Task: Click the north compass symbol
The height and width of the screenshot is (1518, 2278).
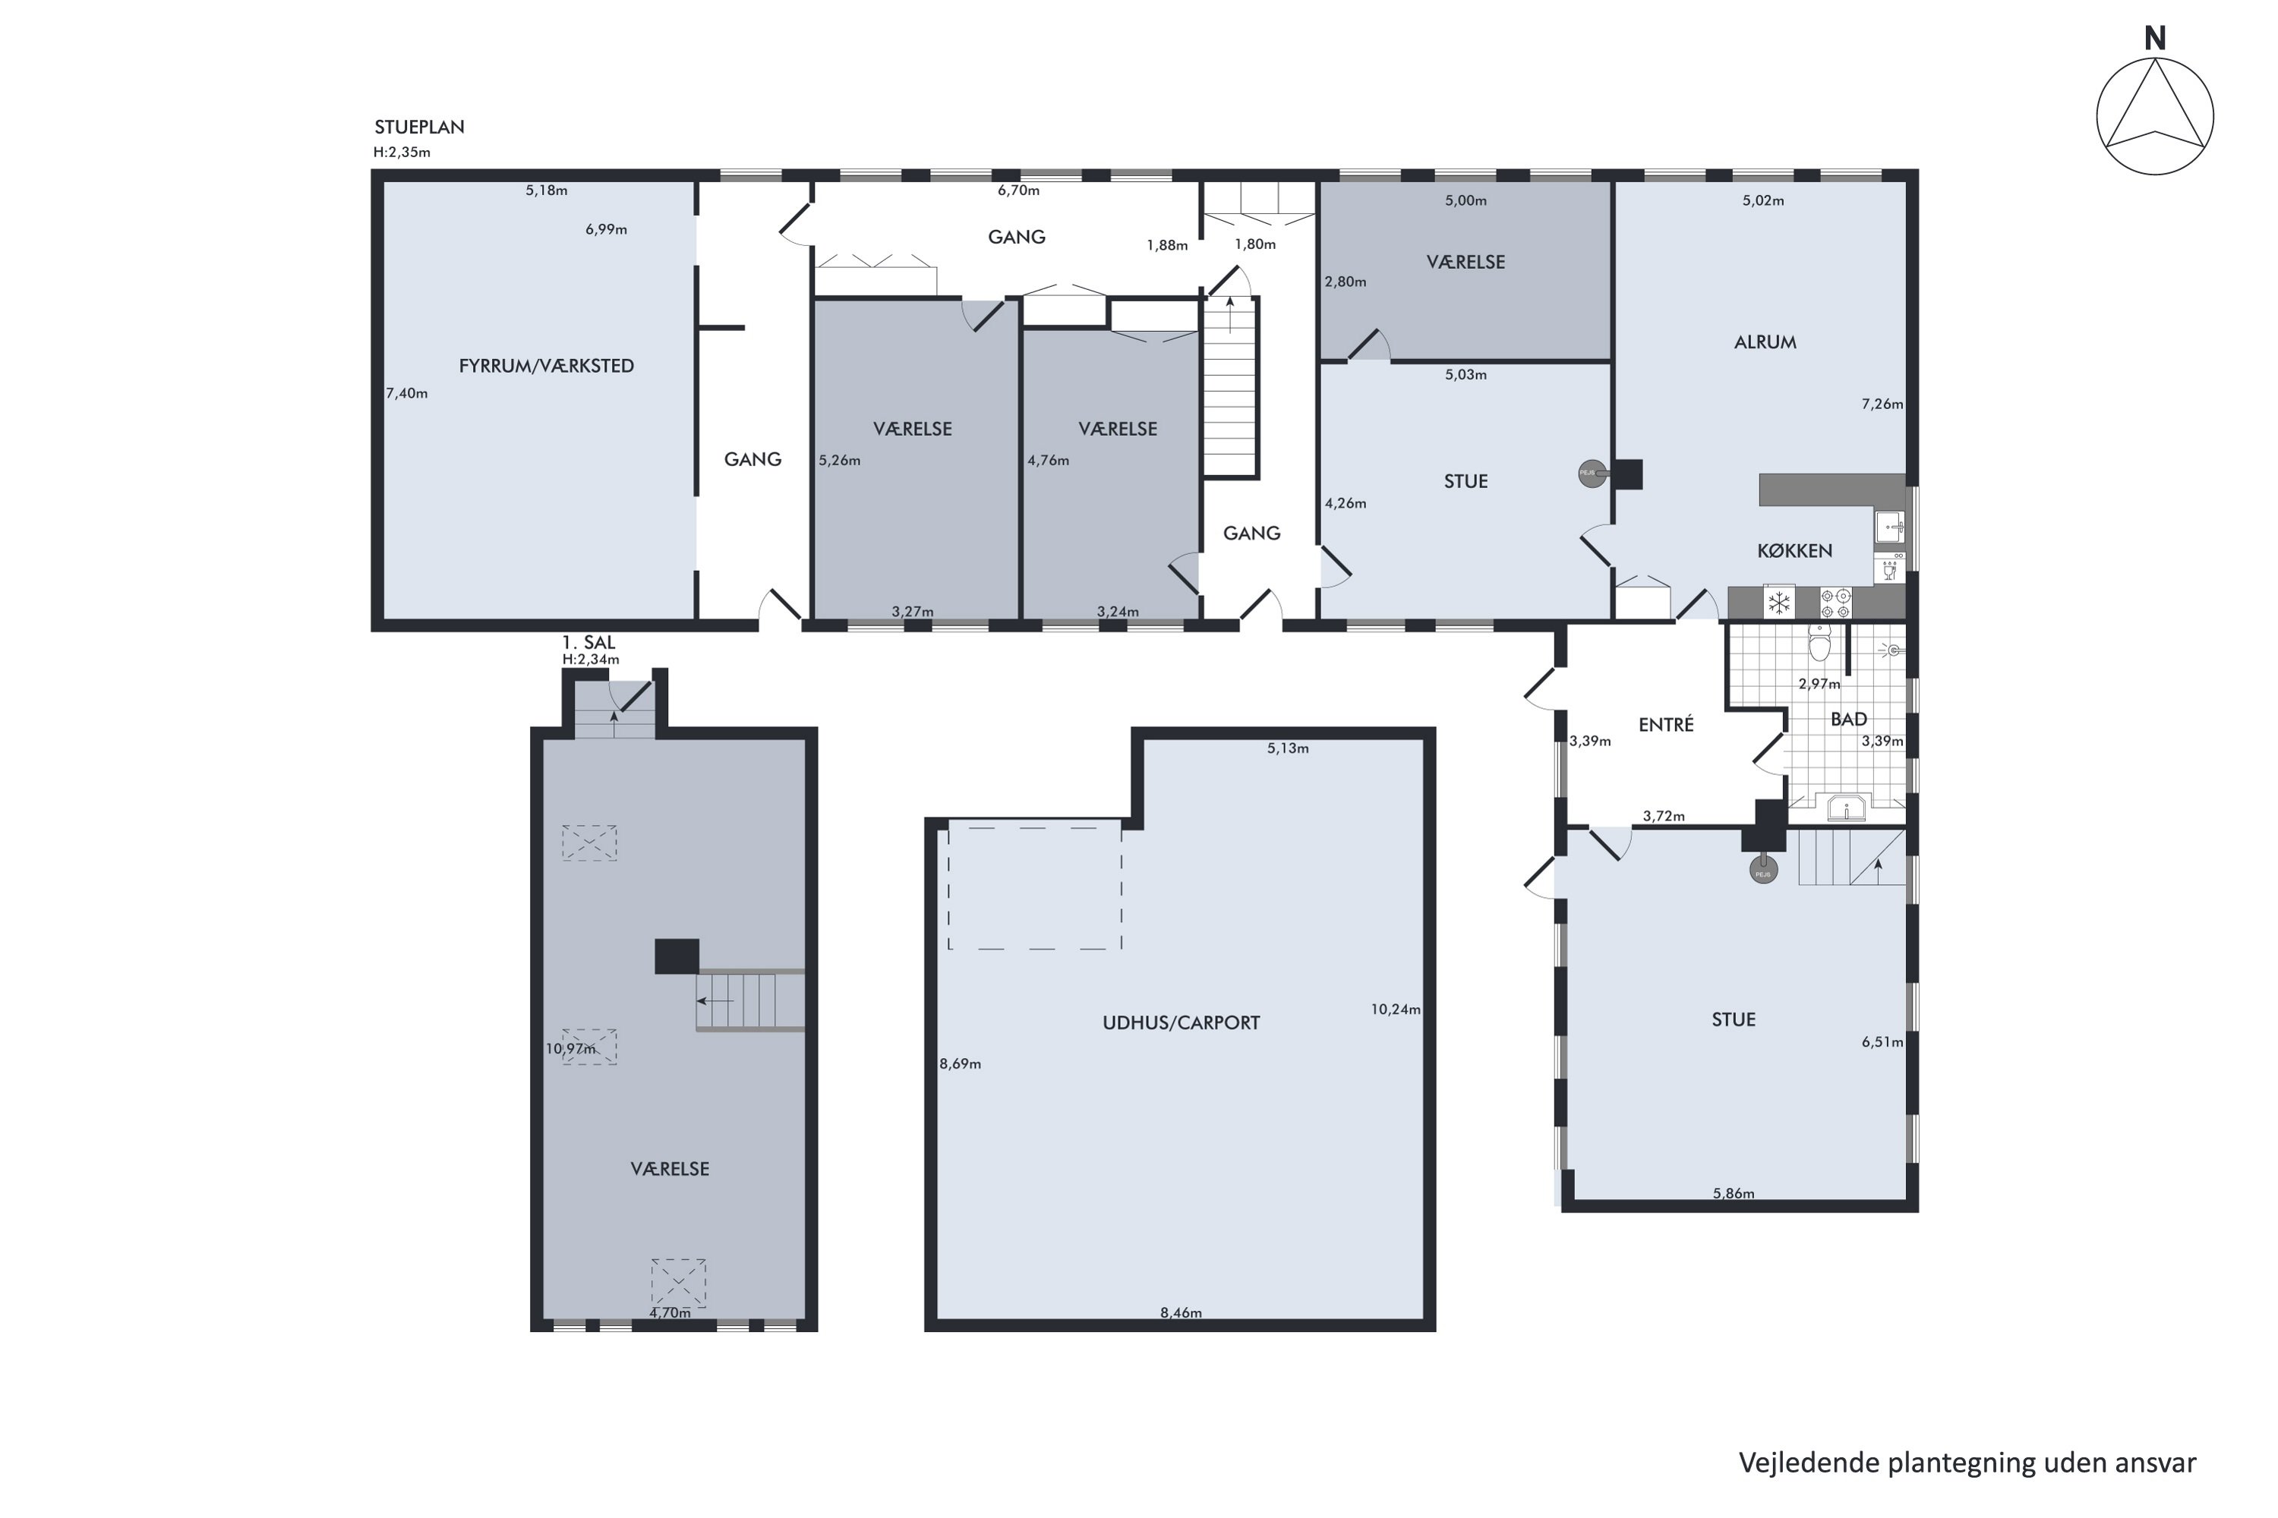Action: click(2155, 116)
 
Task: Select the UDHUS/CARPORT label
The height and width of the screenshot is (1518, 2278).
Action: click(1182, 1022)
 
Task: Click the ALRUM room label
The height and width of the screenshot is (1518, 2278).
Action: click(1765, 342)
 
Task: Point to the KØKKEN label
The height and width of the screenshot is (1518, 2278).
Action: click(1795, 551)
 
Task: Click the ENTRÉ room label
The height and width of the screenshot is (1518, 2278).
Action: click(1666, 724)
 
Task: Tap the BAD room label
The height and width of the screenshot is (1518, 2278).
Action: click(1849, 720)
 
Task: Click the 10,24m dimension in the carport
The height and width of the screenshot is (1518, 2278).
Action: click(1396, 1009)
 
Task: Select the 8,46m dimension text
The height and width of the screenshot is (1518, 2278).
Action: click(1181, 1313)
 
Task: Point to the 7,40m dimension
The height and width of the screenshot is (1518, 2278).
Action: click(407, 393)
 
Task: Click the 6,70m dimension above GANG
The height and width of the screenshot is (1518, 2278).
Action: click(1019, 191)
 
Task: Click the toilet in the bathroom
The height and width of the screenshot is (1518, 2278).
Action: click(1820, 643)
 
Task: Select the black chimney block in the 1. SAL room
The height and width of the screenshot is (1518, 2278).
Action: click(677, 956)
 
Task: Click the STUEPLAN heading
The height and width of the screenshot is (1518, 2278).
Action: click(419, 127)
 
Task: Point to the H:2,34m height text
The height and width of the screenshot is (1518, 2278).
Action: click(591, 660)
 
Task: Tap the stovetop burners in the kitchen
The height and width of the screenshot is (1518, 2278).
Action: click(1836, 603)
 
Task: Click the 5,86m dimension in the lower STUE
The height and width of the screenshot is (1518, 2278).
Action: click(1734, 1194)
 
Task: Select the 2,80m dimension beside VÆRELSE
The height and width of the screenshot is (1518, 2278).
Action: click(1346, 282)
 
